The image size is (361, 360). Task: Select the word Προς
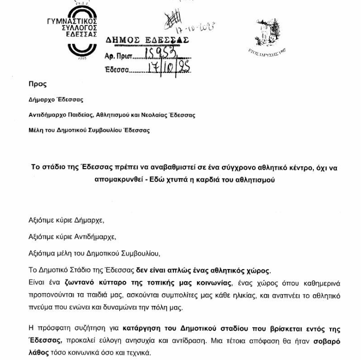[x=38, y=84]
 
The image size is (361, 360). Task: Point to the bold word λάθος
[x=40, y=353]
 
